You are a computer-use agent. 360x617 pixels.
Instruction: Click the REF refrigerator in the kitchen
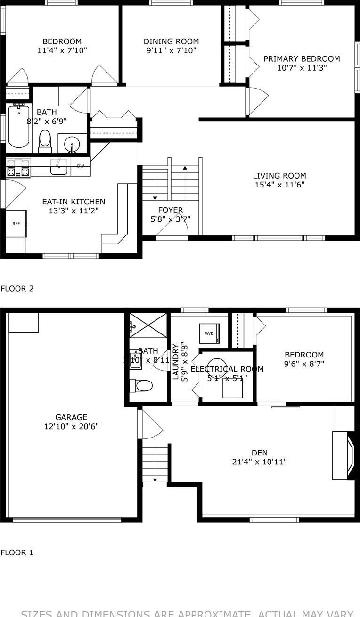[16, 224]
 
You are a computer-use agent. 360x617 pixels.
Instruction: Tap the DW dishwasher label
[81, 166]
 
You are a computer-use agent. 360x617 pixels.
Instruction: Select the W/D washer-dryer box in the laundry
[209, 333]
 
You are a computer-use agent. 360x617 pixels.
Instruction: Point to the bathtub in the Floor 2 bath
[18, 126]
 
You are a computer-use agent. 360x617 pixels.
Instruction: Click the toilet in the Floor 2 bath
[45, 140]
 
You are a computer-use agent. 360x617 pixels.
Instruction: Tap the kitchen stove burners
[18, 168]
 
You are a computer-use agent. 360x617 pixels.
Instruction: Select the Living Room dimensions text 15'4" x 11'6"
[279, 185]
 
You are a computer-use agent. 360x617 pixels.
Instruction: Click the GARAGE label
[71, 417]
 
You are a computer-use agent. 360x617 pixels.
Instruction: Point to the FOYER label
[170, 210]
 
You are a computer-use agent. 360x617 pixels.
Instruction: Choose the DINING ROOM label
[171, 41]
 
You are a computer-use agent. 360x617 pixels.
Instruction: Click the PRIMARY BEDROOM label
[302, 59]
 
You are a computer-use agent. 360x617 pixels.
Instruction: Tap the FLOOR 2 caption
[17, 288]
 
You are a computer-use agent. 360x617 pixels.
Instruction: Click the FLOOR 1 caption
[17, 552]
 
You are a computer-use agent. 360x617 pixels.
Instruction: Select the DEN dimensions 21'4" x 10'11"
[259, 462]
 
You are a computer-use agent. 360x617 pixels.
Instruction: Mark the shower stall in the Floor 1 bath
[148, 325]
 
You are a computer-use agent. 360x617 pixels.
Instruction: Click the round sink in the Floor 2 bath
[72, 143]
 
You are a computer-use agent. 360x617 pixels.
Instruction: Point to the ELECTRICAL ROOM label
[227, 369]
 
